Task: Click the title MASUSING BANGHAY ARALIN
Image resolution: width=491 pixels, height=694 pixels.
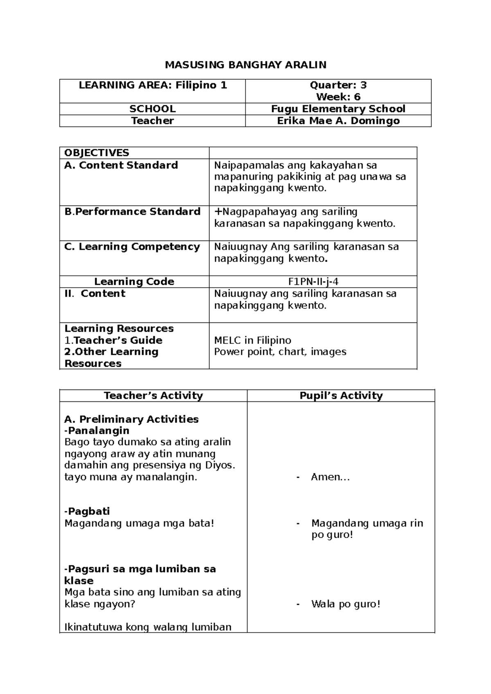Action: pos(245,65)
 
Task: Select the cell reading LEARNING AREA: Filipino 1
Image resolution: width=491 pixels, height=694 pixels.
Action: pos(153,85)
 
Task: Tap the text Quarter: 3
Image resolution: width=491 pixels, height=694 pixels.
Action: pos(338,85)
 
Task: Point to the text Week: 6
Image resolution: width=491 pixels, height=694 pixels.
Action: pos(338,97)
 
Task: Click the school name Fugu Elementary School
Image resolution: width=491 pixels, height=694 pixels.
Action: pos(338,109)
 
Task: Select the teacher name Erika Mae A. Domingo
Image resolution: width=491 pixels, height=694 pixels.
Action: pos(338,121)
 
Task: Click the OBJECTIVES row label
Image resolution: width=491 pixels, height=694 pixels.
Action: pos(97,153)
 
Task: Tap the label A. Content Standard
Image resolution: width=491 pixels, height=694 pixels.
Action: pos(121,165)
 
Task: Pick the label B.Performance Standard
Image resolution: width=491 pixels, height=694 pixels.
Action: pos(133,212)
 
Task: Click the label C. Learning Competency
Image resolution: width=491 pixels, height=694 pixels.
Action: pos(132,247)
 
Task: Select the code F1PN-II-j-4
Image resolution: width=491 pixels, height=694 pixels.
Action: pos(313,282)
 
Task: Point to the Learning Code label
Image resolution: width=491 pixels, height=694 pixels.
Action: pos(134,282)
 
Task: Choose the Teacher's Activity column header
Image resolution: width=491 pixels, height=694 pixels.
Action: pos(153,396)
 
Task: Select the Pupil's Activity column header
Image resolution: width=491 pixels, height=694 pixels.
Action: pos(341,396)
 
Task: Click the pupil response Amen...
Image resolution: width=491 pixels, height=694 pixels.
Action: pos(330,477)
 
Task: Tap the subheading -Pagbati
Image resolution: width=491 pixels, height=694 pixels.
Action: pos(87,511)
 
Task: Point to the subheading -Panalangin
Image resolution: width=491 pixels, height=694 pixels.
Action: pos(97,430)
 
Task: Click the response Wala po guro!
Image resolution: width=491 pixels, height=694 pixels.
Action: pos(345,604)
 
